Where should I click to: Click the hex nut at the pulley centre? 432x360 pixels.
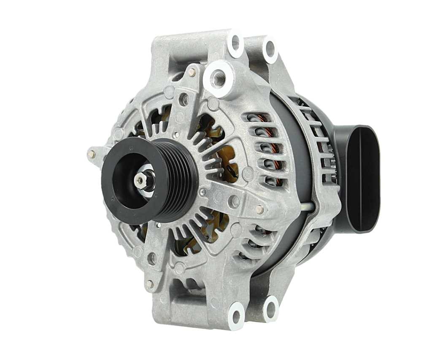click(140, 180)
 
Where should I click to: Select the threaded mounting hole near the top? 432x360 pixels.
click(218, 78)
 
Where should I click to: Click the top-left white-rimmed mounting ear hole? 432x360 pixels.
click(235, 43)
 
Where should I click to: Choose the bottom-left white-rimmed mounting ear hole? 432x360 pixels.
click(236, 315)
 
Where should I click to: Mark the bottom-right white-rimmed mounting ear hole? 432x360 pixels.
click(270, 309)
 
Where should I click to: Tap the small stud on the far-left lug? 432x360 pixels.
click(91, 154)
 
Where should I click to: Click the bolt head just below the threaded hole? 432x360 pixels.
click(192, 73)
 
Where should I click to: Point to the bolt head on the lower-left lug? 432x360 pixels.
click(149, 284)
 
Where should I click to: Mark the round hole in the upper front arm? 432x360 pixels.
click(184, 100)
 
